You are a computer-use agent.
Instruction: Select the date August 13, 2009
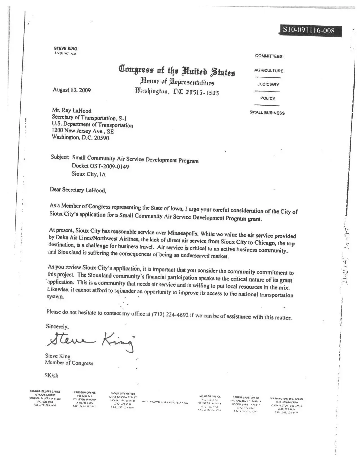coord(72,90)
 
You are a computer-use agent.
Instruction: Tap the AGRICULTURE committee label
coord(269,71)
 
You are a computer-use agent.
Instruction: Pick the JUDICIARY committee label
coord(268,84)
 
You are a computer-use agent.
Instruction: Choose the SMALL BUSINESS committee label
coord(267,113)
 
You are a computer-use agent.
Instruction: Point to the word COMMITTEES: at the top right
coord(269,56)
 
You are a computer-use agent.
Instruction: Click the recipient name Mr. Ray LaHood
coord(72,110)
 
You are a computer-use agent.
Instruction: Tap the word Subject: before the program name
coord(60,157)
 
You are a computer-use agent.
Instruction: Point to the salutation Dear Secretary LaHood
coord(78,190)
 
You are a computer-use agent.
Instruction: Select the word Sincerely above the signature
coord(57,326)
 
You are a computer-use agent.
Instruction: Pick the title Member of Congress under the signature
coord(69,363)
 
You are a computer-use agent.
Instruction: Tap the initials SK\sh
coord(51,375)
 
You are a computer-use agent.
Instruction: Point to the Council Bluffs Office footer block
coord(45,398)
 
